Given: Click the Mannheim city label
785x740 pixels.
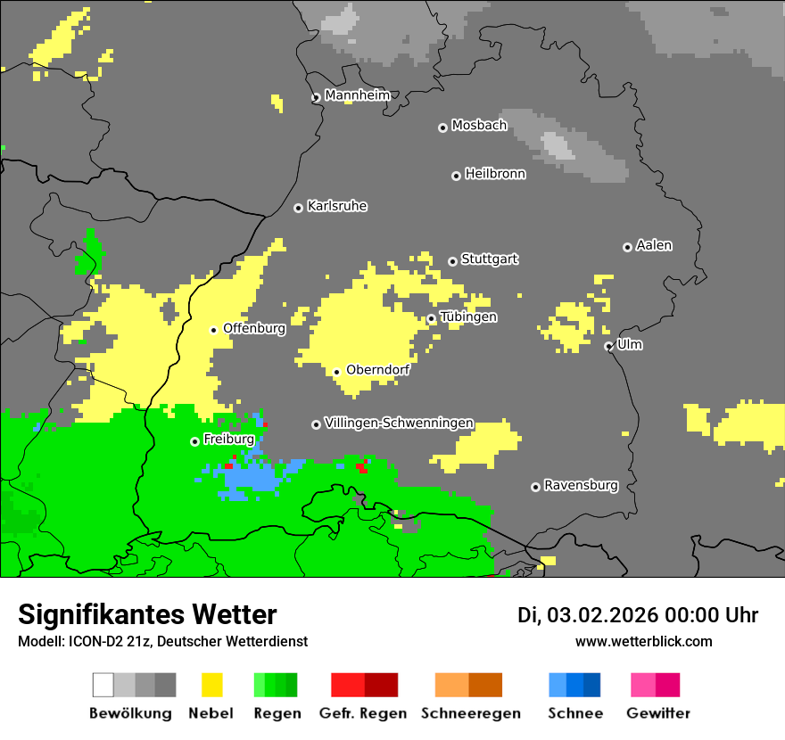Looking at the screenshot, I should (357, 95).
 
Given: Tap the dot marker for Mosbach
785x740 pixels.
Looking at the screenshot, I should (442, 127).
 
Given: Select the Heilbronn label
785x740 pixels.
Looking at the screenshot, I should (495, 174).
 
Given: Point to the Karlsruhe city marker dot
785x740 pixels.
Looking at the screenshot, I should (298, 208).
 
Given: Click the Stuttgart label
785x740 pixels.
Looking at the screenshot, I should (489, 259).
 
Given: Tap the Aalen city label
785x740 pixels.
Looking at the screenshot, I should (654, 245).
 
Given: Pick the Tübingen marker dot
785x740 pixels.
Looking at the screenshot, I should (431, 318).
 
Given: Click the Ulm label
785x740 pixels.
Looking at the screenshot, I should (630, 344).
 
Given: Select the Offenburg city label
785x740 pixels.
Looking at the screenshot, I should (254, 328).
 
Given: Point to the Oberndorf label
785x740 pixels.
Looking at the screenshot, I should (377, 370).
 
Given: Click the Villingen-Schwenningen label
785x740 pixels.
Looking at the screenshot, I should (399, 423).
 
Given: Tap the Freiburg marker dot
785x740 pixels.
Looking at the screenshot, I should (194, 441).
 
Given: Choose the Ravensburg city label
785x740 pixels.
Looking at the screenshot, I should (581, 486).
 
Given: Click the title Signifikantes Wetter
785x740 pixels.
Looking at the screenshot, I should (147, 614).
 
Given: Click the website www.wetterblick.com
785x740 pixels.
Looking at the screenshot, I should (643, 641).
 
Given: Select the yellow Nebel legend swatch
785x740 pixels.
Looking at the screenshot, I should (211, 685).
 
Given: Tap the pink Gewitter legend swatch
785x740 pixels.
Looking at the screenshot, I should (643, 685).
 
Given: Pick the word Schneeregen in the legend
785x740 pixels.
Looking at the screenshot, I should (470, 713).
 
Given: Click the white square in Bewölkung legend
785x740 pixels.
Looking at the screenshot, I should (103, 685).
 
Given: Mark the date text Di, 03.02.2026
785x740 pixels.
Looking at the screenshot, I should (587, 615).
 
